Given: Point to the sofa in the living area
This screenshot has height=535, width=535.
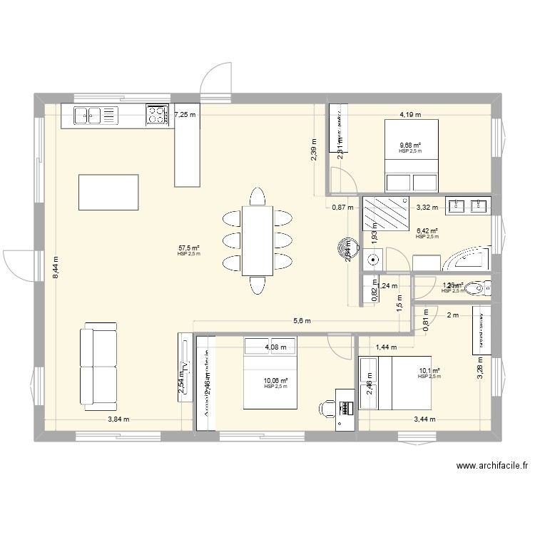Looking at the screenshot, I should (x=98, y=365).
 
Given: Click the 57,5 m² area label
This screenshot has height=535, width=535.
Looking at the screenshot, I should (x=188, y=248).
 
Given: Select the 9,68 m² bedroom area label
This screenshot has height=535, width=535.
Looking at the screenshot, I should (x=410, y=145).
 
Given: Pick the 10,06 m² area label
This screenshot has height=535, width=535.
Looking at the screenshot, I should (x=275, y=381).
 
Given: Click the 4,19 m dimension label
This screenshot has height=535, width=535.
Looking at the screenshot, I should (x=410, y=114).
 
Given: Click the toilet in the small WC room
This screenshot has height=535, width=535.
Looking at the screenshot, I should (x=482, y=288).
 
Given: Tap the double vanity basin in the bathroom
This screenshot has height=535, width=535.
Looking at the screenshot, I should (x=468, y=206).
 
